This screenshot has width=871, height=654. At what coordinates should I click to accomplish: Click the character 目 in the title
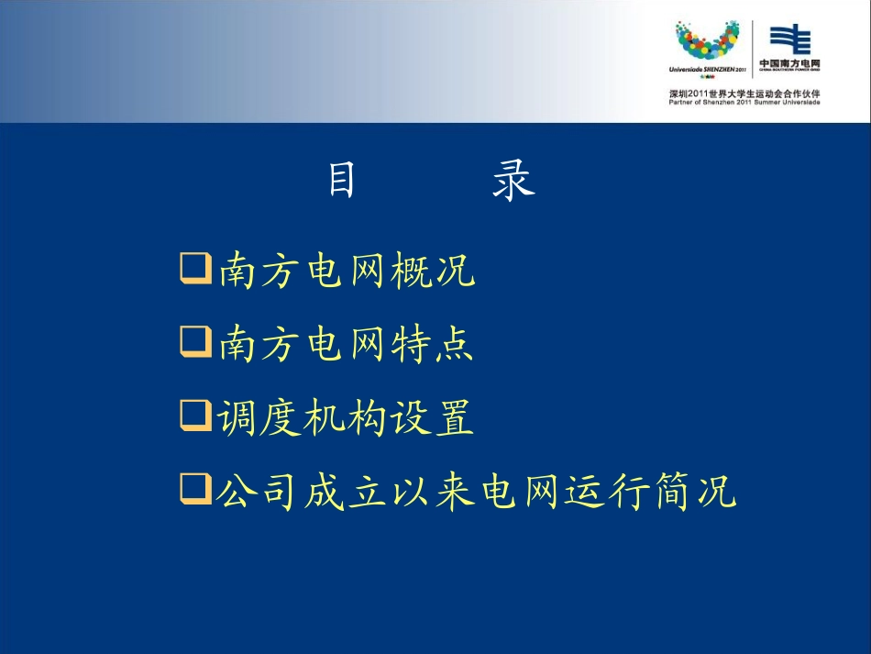click(x=342, y=181)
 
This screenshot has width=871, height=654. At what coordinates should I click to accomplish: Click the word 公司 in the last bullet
click(x=258, y=492)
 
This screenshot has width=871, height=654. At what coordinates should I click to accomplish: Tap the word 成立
click(x=345, y=492)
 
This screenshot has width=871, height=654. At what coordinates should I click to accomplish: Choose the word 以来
click(x=431, y=492)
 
